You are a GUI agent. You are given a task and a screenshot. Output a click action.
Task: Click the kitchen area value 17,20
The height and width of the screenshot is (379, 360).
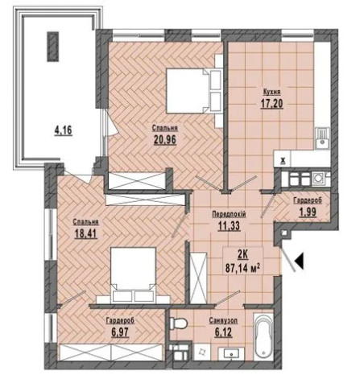(271, 104)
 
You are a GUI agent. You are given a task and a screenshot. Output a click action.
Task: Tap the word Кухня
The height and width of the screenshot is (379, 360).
(272, 92)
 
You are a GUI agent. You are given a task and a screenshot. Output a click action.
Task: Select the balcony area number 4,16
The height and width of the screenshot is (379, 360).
(64, 130)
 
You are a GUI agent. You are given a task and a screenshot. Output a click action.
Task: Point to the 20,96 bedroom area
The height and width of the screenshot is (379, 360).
(165, 139)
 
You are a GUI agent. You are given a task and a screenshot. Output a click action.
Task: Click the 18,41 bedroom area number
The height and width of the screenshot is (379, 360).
(86, 233)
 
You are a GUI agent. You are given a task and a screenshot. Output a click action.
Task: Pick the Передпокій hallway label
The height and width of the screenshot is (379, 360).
(229, 214)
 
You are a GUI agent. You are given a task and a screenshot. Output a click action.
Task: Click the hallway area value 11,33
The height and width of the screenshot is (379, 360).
(229, 226)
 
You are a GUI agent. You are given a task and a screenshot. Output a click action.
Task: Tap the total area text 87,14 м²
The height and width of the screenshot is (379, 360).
(242, 268)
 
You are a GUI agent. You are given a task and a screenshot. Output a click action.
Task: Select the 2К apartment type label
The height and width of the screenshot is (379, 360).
(242, 255)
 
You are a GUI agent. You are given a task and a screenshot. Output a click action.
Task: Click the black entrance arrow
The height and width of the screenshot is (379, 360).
(299, 261)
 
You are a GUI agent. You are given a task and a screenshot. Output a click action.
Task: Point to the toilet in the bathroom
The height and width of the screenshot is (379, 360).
(179, 323)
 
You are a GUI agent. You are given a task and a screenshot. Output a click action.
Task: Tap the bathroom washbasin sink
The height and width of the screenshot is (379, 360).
(231, 354)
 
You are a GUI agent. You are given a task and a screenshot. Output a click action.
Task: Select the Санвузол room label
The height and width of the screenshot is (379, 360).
(223, 320)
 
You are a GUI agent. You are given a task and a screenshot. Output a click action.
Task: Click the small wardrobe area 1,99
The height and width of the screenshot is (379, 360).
(308, 212)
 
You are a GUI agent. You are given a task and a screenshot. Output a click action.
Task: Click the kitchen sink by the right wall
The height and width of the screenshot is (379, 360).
(322, 138)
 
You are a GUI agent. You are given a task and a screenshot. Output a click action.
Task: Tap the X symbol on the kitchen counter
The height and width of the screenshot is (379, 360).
(283, 161)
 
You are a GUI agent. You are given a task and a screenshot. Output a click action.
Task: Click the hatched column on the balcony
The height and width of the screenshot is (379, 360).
(52, 47)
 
